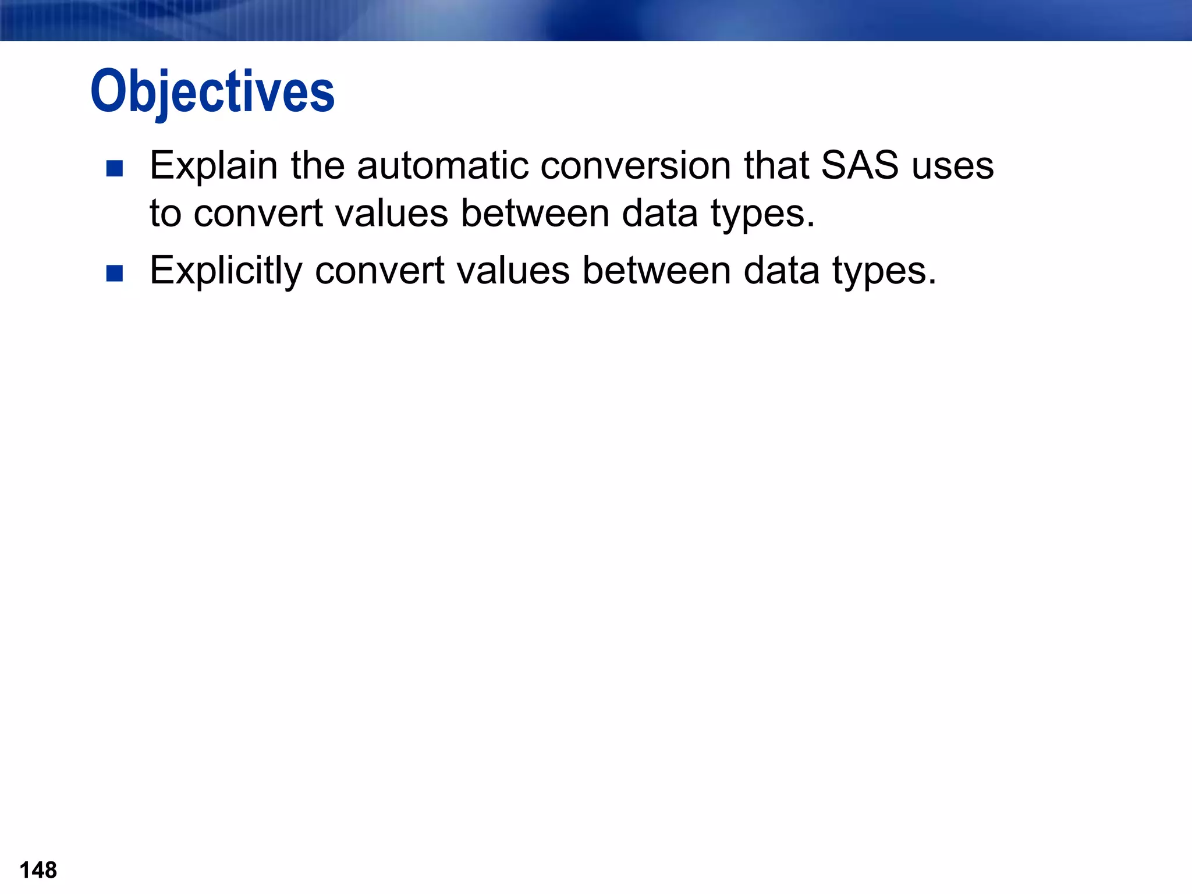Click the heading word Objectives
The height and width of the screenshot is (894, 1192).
[212, 91]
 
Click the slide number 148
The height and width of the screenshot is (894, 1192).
[38, 870]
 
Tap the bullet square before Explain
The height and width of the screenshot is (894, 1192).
[115, 169]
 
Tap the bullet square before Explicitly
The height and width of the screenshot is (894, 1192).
[115, 273]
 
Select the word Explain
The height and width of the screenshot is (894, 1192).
[214, 166]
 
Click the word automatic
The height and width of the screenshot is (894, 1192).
[442, 165]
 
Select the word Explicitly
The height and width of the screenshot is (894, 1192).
[226, 271]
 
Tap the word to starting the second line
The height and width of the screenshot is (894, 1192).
[165, 214]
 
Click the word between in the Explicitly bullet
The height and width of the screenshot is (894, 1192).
[657, 271]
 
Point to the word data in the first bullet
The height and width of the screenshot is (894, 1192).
[659, 214]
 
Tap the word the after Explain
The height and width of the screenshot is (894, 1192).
[318, 165]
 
